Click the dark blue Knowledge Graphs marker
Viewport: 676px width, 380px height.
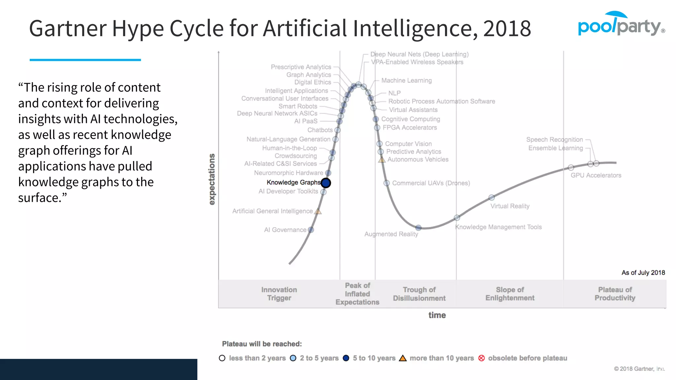coord(326,183)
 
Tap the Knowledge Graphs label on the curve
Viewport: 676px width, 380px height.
coord(293,182)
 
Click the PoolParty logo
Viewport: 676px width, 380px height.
coord(621,24)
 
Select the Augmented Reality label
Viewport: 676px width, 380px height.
coord(391,234)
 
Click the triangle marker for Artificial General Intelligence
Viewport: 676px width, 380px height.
coord(318,211)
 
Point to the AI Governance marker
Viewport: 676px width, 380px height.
coord(311,230)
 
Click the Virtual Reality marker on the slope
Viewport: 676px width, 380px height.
coord(491,198)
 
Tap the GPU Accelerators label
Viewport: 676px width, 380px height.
coord(596,175)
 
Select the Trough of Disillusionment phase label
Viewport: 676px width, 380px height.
coord(419,294)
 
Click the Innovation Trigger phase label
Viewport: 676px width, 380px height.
coord(279,294)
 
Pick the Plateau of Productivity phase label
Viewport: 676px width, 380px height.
coord(615,294)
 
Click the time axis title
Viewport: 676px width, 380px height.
coord(437,315)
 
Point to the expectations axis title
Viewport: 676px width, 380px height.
coord(212,179)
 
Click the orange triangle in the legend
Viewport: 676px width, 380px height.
coord(403,358)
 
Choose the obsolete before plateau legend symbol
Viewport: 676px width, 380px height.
coord(482,358)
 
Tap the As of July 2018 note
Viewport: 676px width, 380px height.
coord(643,273)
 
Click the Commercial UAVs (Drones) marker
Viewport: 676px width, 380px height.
coord(387,183)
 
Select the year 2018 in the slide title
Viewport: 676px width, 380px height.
coord(507,29)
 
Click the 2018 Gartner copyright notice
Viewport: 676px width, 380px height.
coord(639,369)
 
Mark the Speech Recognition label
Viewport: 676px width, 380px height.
coord(555,140)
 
